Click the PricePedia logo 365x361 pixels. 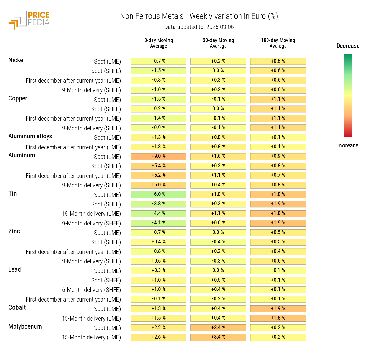(29, 20)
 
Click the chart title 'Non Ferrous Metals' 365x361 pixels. (152, 16)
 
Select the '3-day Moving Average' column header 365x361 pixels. (158, 43)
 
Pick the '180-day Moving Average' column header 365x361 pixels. (278, 43)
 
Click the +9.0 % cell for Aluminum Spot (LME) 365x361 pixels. (158, 156)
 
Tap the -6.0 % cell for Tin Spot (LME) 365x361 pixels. (158, 194)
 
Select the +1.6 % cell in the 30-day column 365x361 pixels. (218, 156)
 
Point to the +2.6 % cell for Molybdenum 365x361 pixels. (158, 337)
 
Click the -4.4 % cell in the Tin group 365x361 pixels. (158, 214)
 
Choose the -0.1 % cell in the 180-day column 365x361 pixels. (278, 271)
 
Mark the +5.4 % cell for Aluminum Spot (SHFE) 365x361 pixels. (158, 166)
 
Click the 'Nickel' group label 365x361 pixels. (17, 60)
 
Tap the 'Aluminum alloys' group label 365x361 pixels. (30, 136)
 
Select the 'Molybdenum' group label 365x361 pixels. (25, 327)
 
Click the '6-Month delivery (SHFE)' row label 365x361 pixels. (92, 290)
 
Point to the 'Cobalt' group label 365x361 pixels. (17, 308)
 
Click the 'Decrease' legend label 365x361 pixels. (348, 46)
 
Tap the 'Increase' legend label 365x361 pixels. (348, 146)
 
